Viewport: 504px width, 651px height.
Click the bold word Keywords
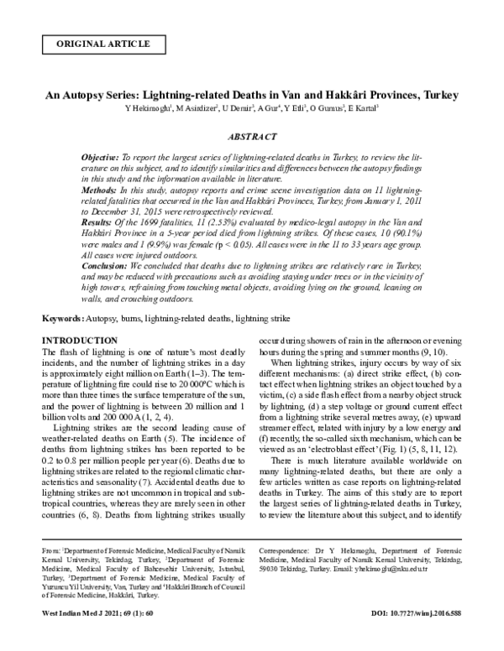click(x=61, y=320)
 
